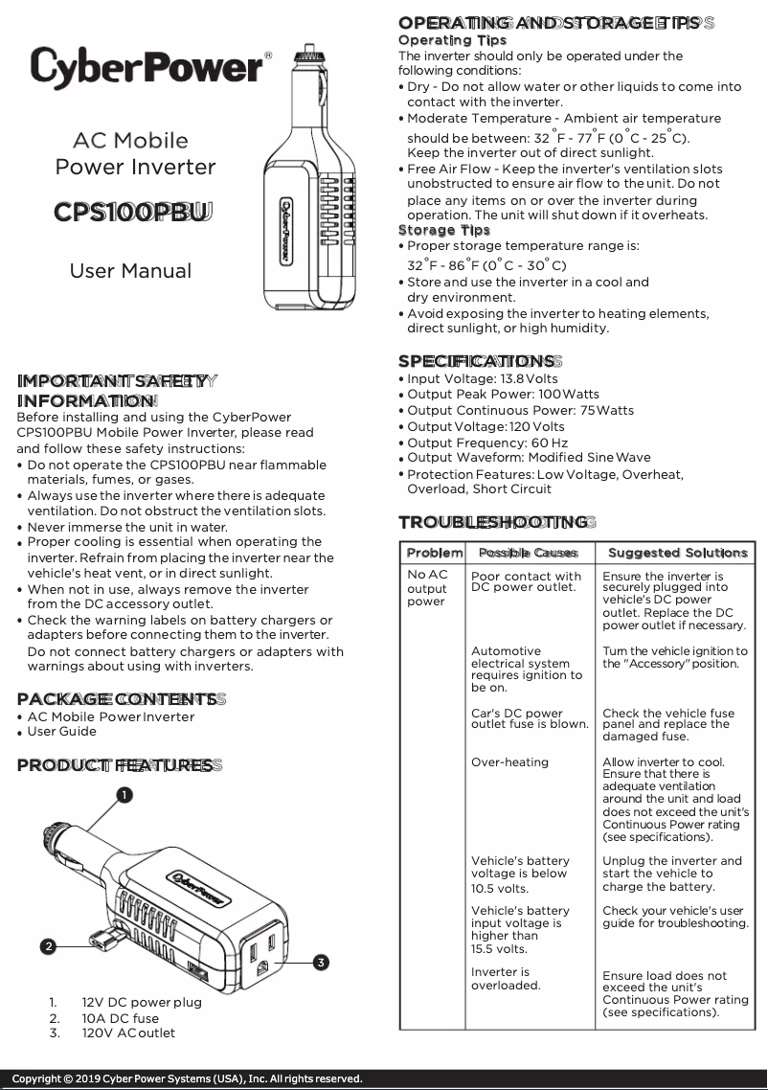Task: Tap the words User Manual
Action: coord(130,271)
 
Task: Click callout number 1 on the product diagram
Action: coord(124,794)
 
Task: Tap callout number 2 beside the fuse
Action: coord(48,946)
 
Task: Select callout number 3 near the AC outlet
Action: coord(322,961)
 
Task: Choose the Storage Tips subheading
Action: coord(443,230)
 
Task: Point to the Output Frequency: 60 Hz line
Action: coord(487,443)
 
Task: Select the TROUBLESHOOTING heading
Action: coord(494,522)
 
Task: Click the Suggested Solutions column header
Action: coord(677,553)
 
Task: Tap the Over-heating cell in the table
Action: coord(510,762)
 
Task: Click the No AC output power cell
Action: coord(427,588)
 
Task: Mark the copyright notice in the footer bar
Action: coord(187,1079)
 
